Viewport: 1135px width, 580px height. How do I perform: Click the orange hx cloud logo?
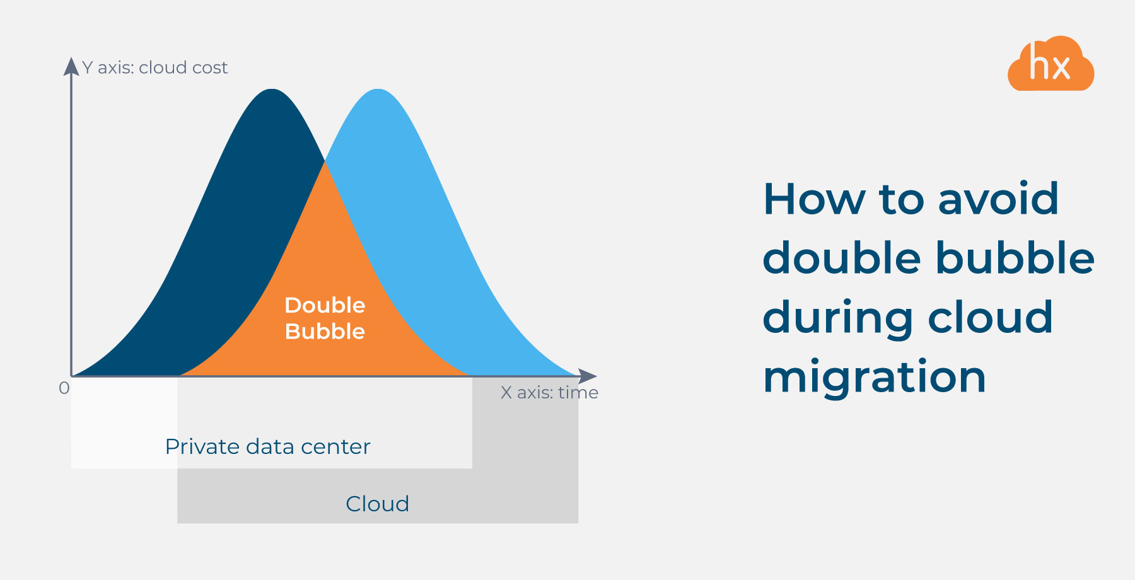1051,64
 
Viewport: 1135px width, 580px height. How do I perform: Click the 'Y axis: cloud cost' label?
154,67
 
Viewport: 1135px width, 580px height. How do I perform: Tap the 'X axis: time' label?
549,393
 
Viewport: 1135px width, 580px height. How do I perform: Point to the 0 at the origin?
64,388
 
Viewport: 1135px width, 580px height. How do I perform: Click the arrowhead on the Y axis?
71,66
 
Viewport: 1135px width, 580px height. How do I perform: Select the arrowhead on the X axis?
588,376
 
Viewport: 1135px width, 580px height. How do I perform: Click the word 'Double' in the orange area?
325,305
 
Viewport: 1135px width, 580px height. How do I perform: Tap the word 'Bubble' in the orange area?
325,332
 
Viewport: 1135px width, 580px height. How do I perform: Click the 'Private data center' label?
267,446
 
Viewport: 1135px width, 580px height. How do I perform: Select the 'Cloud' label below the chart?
377,504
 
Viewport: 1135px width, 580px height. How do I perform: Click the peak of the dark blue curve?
272,90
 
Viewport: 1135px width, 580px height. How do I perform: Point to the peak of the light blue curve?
378,90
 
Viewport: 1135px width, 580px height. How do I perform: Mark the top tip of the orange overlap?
325,162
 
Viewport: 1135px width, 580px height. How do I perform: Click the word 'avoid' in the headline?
998,199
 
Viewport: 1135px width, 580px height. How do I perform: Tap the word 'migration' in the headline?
874,377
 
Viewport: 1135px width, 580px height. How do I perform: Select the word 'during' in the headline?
837,318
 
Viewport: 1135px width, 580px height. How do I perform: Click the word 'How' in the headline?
814,199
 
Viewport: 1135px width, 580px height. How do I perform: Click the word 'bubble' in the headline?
1015,258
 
